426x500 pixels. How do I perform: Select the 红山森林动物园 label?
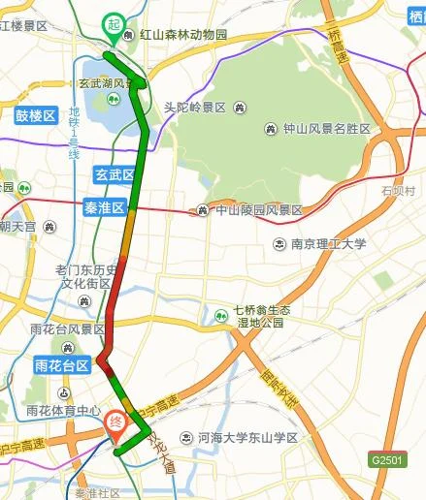click(x=182, y=35)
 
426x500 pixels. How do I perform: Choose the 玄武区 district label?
click(x=114, y=175)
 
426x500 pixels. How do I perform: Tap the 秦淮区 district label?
click(x=106, y=207)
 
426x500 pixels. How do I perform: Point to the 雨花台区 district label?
click(x=61, y=366)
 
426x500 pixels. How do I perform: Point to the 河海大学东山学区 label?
click(x=246, y=438)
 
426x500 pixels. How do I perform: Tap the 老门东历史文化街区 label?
click(x=87, y=277)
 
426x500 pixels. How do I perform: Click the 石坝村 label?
click(x=398, y=190)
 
